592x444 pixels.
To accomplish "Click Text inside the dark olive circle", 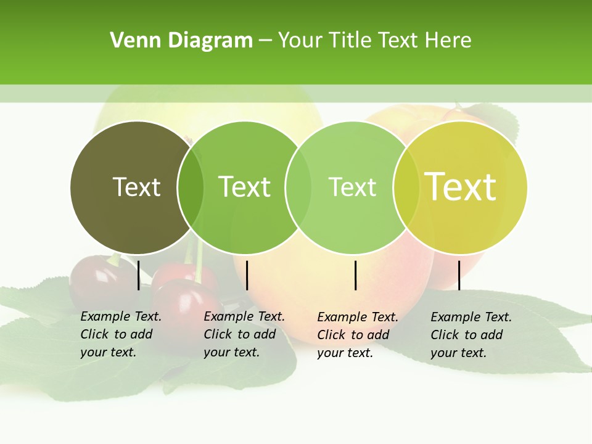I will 136,187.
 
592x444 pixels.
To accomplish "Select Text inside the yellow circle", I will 460,186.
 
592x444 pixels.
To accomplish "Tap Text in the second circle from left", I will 244,187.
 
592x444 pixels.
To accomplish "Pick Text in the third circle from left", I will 352,187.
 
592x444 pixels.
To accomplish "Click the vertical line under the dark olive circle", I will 139,275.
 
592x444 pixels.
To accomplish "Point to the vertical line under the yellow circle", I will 459,275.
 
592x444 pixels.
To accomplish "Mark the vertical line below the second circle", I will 247,275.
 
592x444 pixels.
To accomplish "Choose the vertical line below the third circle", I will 356,275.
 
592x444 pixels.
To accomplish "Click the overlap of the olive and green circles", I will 191,187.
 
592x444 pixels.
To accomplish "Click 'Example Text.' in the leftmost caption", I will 121,316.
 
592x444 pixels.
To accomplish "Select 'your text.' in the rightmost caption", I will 458,353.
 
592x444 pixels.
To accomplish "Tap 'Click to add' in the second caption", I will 240,334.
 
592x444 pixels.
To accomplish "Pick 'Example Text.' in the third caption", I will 358,317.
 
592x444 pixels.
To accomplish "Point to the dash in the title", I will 265,41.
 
